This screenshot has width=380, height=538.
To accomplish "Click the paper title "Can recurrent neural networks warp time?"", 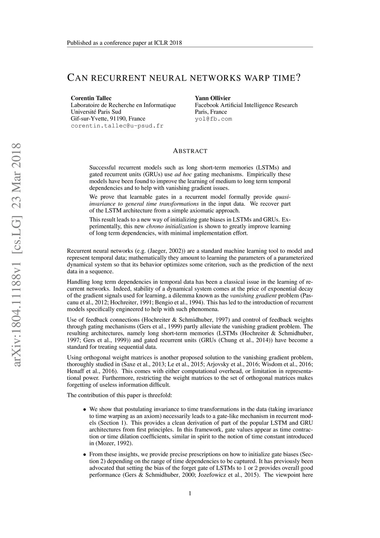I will click(x=184, y=78).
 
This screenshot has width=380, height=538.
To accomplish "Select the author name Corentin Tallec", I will click(x=91, y=98).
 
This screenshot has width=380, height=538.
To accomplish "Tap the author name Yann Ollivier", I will click(x=213, y=98).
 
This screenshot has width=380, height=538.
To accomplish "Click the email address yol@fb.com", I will click(x=213, y=119).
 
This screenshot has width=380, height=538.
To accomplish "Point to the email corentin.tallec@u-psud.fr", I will click(x=117, y=126).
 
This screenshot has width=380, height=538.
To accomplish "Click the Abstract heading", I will click(x=190, y=151).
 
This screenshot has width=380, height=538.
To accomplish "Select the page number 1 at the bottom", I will click(x=190, y=493).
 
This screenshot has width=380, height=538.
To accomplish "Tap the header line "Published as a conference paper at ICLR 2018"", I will click(x=124, y=43).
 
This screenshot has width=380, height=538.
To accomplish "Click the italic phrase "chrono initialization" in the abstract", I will click(x=171, y=226).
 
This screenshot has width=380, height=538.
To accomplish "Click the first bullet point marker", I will click(x=85, y=409).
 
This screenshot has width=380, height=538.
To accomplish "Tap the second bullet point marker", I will click(x=85, y=454).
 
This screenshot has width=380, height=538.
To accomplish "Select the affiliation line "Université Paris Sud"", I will click(x=96, y=112).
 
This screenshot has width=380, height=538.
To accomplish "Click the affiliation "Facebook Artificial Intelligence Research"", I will click(x=246, y=105).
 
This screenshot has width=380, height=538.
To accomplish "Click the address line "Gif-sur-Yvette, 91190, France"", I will click(x=108, y=119).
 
